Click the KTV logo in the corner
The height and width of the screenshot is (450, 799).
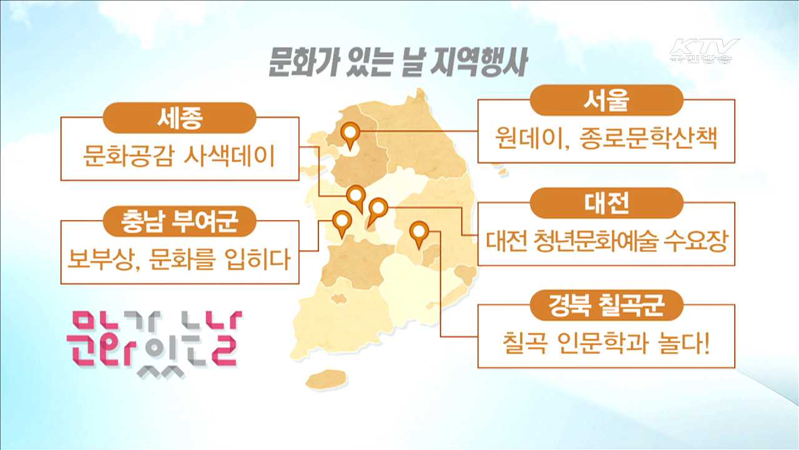pyautogui.click(x=704, y=51)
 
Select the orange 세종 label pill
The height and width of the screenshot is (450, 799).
pyautogui.click(x=180, y=118)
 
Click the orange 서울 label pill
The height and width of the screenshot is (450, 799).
pyautogui.click(x=606, y=99)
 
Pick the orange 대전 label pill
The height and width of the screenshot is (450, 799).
pyautogui.click(x=606, y=202)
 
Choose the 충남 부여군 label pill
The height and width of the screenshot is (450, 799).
pyautogui.click(x=180, y=221)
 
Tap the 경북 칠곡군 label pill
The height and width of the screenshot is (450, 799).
pyautogui.click(x=606, y=306)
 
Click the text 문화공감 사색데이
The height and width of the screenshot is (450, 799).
pyautogui.click(x=180, y=156)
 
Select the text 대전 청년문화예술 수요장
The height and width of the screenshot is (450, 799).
pyautogui.click(x=606, y=240)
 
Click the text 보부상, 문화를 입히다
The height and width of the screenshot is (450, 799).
pyautogui.click(x=180, y=259)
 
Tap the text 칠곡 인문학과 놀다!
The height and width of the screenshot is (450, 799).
pyautogui.click(x=606, y=343)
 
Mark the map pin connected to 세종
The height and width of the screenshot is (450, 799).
pyautogui.click(x=356, y=196)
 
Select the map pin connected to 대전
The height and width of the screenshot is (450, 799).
pyautogui.click(x=377, y=209)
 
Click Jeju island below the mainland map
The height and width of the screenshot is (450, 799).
pyautogui.click(x=326, y=379)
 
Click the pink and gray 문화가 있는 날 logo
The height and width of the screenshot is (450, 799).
pyautogui.click(x=154, y=338)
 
